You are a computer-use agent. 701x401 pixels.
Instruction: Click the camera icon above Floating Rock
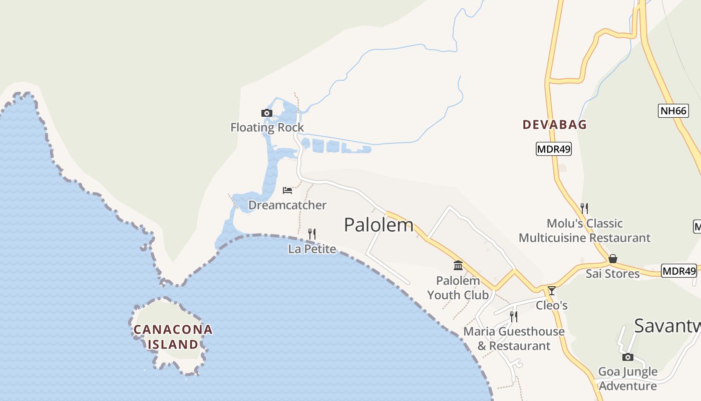pyautogui.click(x=267, y=113)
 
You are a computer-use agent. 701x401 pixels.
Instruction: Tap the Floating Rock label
pyautogui.click(x=267, y=127)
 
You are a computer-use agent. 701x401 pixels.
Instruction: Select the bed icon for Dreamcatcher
pyautogui.click(x=287, y=190)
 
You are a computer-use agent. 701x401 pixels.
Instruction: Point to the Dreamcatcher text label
pyautogui.click(x=287, y=205)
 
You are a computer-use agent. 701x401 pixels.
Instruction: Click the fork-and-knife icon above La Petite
pyautogui.click(x=312, y=234)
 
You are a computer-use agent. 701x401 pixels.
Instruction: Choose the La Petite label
pyautogui.click(x=312, y=249)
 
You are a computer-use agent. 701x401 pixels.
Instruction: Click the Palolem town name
pyautogui.click(x=379, y=225)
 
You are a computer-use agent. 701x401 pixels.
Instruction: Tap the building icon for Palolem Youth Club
pyautogui.click(x=458, y=265)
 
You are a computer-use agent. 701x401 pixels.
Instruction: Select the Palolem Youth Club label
pyautogui.click(x=458, y=288)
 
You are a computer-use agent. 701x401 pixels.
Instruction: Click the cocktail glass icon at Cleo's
pyautogui.click(x=552, y=290)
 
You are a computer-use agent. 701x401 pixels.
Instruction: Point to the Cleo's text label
pyautogui.click(x=552, y=305)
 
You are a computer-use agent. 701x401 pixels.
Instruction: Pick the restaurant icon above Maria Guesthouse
pyautogui.click(x=514, y=316)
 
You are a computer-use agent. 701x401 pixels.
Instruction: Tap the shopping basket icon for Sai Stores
pyautogui.click(x=613, y=259)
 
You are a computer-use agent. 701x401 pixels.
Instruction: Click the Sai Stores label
pyautogui.click(x=613, y=274)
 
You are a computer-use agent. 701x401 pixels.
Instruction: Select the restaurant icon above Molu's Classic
pyautogui.click(x=584, y=208)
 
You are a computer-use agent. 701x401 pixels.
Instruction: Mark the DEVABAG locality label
pyautogui.click(x=554, y=125)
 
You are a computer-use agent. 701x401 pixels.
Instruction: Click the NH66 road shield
pyautogui.click(x=673, y=111)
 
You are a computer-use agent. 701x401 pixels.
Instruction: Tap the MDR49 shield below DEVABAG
pyautogui.click(x=553, y=149)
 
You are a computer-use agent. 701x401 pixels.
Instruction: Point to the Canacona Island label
pyautogui.click(x=173, y=337)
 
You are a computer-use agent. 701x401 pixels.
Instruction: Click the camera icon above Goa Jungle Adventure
pyautogui.click(x=628, y=357)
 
